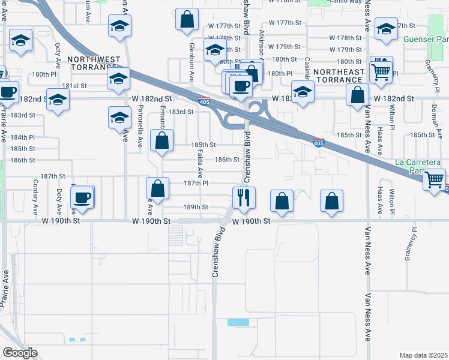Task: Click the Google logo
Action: point(20,353)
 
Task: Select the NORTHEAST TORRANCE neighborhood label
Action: point(340,76)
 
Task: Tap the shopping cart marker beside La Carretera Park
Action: point(435,179)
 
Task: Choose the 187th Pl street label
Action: point(196,184)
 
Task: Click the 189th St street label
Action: point(196,207)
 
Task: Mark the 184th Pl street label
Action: point(23,137)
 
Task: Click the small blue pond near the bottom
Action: point(238,322)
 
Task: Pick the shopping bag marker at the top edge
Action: point(187,19)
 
